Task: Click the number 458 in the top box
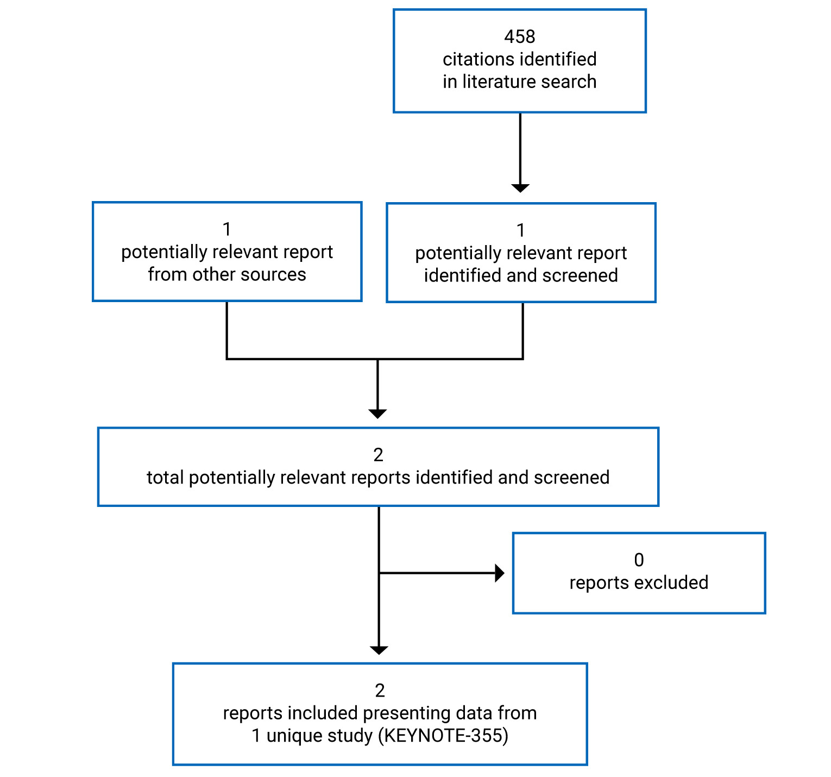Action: pyautogui.click(x=519, y=36)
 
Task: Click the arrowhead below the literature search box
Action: pyautogui.click(x=520, y=187)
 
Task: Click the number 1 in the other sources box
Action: pyautogui.click(x=227, y=229)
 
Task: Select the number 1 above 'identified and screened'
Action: pyautogui.click(x=520, y=230)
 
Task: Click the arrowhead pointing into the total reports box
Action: pyautogui.click(x=377, y=413)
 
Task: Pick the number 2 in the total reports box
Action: pyautogui.click(x=378, y=455)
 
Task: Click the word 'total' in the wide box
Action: pyautogui.click(x=165, y=478)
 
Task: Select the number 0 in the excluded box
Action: pyautogui.click(x=639, y=560)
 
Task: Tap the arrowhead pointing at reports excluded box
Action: pyautogui.click(x=500, y=573)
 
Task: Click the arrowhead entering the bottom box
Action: pyautogui.click(x=379, y=650)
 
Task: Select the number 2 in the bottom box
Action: pyautogui.click(x=380, y=691)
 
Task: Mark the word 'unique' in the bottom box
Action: pyautogui.click(x=292, y=736)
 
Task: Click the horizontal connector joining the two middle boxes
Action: pyautogui.click(x=375, y=359)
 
